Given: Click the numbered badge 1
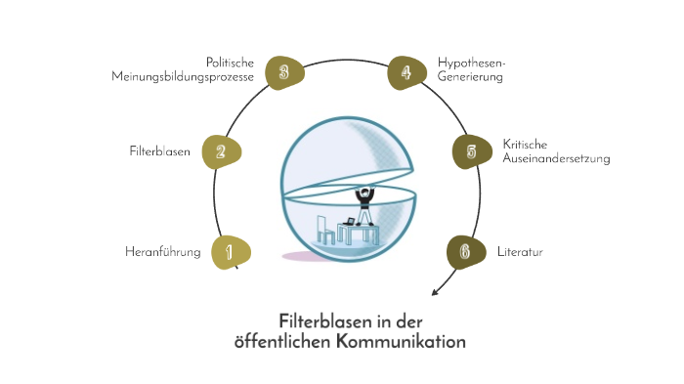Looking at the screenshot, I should [x=230, y=252].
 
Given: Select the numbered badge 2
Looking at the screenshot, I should [x=222, y=151].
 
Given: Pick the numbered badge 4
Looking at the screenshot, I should [x=406, y=71].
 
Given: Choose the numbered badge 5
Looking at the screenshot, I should [x=471, y=151].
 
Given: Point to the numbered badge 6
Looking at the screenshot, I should [x=465, y=252].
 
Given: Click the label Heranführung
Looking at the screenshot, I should [x=163, y=252].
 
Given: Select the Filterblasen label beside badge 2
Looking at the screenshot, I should [x=159, y=151].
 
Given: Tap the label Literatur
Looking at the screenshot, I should [x=520, y=252].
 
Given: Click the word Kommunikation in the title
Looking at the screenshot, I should [x=402, y=342].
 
